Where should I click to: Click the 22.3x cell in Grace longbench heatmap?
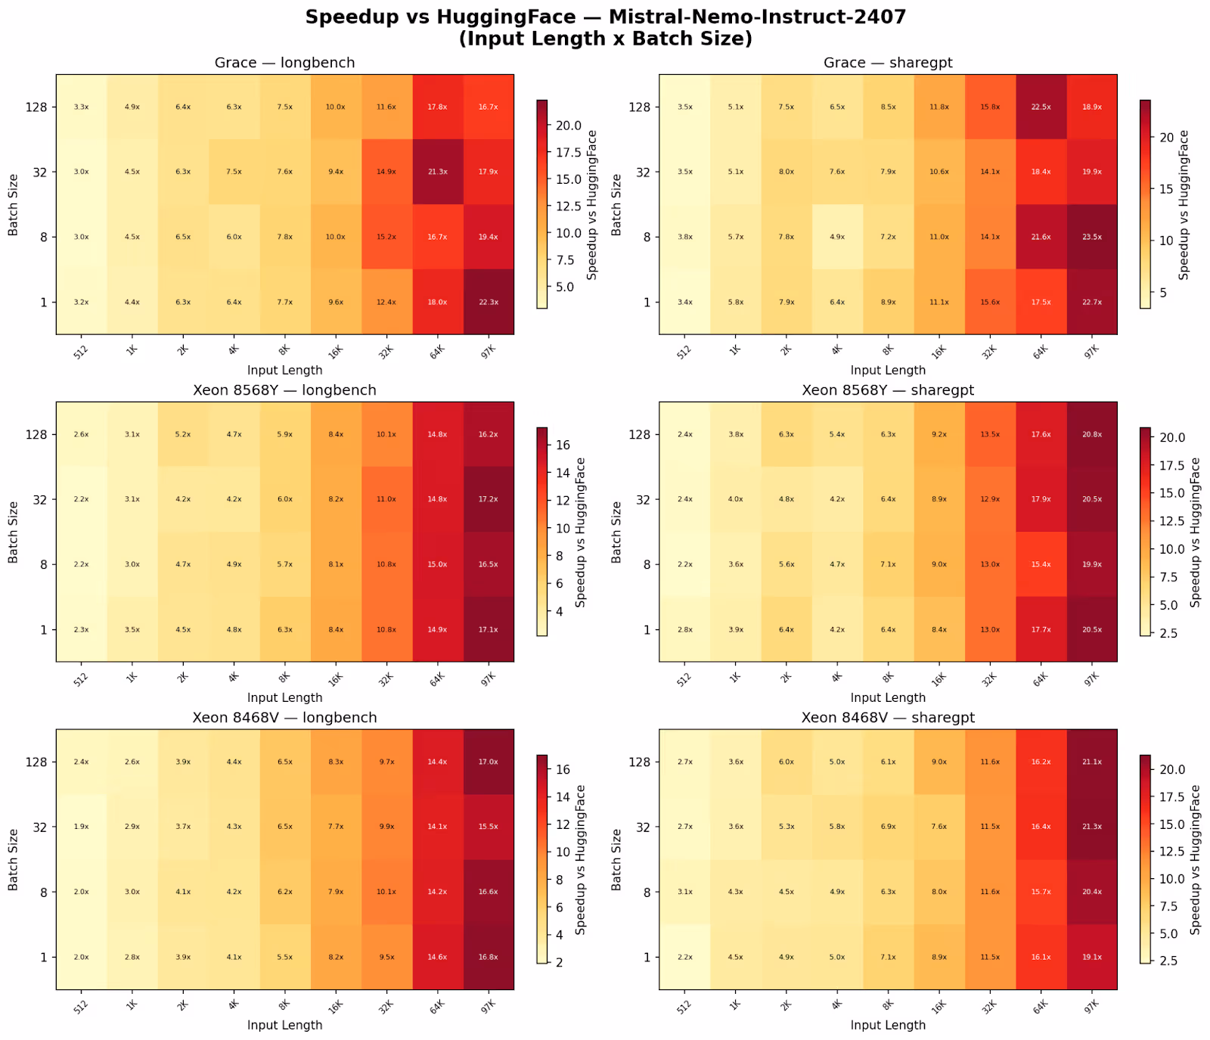tap(488, 302)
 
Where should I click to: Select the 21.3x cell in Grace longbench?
tap(437, 172)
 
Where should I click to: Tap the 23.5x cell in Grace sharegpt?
tap(1091, 237)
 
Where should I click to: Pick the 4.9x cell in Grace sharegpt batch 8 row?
tap(837, 237)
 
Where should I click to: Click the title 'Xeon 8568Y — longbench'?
tap(284, 390)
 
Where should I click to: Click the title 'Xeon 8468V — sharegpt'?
tap(888, 718)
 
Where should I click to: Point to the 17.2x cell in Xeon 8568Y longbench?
tap(488, 499)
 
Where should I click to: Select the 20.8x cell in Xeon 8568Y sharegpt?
tap(1091, 434)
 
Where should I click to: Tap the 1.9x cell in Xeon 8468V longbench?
tap(81, 827)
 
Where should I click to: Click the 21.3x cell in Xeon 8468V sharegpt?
tap(1091, 827)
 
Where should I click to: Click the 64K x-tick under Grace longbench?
tap(436, 349)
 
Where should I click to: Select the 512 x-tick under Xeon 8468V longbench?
tap(81, 1004)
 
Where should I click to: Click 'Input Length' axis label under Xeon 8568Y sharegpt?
tap(888, 697)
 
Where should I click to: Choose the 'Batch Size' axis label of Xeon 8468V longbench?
tap(13, 859)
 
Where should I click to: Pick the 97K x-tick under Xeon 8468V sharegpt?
tap(1090, 1004)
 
